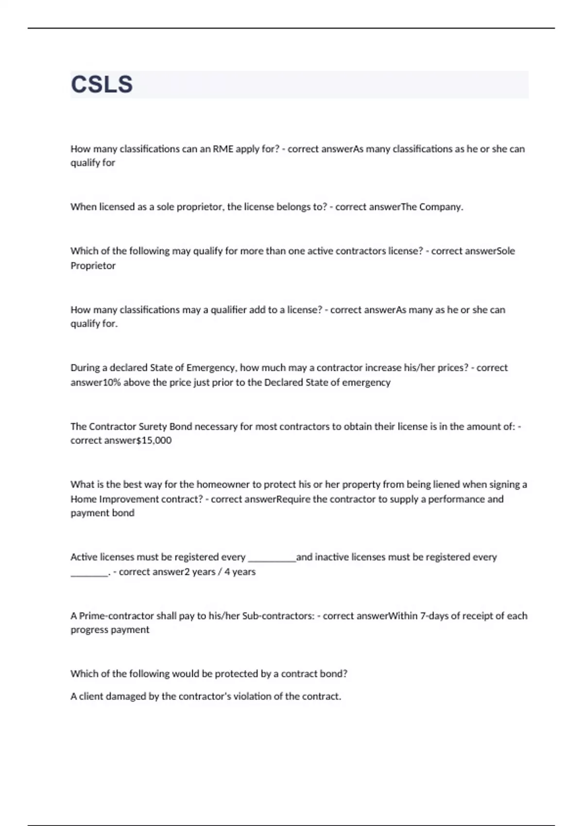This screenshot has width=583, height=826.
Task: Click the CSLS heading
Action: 102,84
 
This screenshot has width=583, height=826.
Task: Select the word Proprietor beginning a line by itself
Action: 93,265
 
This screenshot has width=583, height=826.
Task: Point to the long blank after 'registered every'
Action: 272,558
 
